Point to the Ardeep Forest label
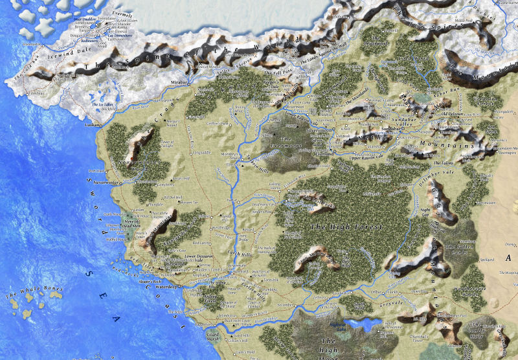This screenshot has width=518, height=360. coord(190,300)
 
